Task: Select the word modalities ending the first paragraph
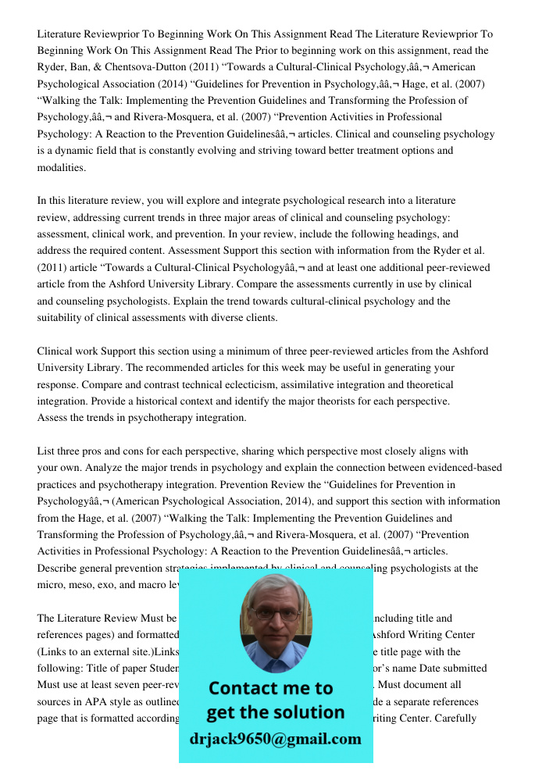pyautogui.click(x=62, y=167)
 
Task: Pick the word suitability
pyautogui.click(x=63, y=317)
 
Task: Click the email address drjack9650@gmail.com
pyautogui.click(x=275, y=739)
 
